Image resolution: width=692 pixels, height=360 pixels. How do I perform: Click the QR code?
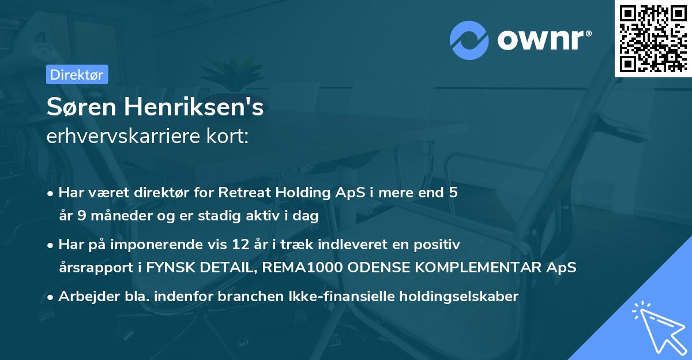(652, 39)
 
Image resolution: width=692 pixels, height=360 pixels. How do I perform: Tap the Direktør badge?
(77, 74)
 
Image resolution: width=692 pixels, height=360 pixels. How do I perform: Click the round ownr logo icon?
(469, 39)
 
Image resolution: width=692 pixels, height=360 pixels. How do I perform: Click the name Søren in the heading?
(77, 108)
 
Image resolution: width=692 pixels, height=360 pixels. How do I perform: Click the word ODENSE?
(378, 268)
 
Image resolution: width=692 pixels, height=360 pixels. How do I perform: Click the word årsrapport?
(92, 268)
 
